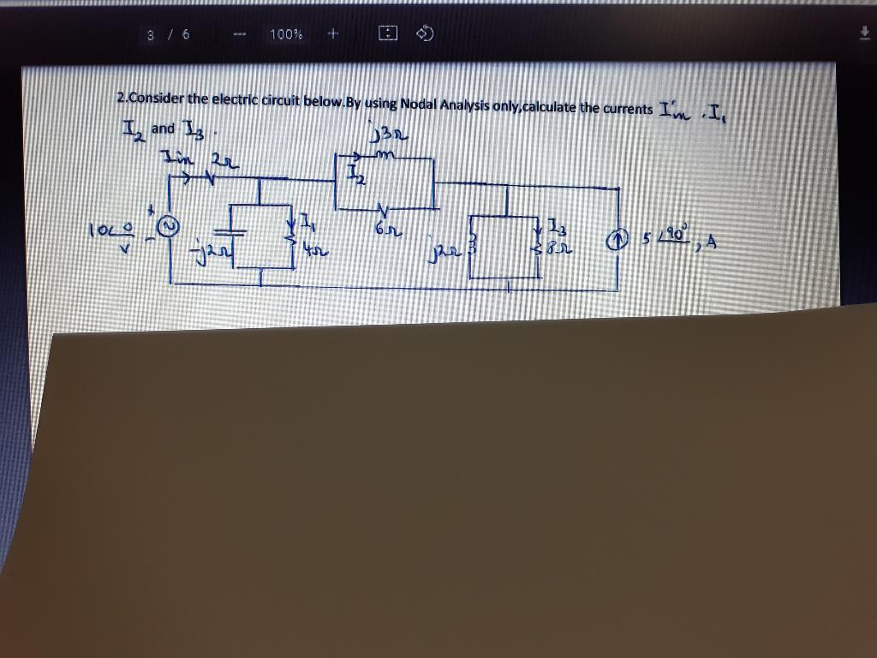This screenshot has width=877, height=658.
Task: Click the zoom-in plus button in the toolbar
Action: pos(333,34)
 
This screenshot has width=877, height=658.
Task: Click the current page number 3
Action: pos(150,35)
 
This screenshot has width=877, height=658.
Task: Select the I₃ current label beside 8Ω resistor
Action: pos(557,228)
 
